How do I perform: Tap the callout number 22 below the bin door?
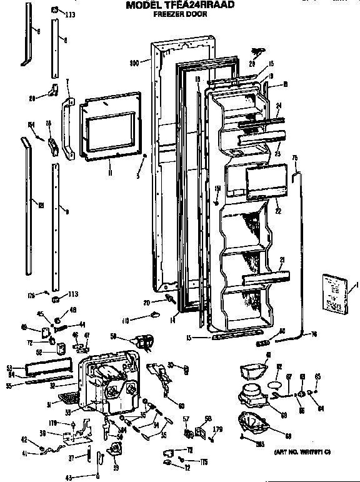click(x=277, y=211)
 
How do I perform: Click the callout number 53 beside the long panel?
click(x=9, y=367)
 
